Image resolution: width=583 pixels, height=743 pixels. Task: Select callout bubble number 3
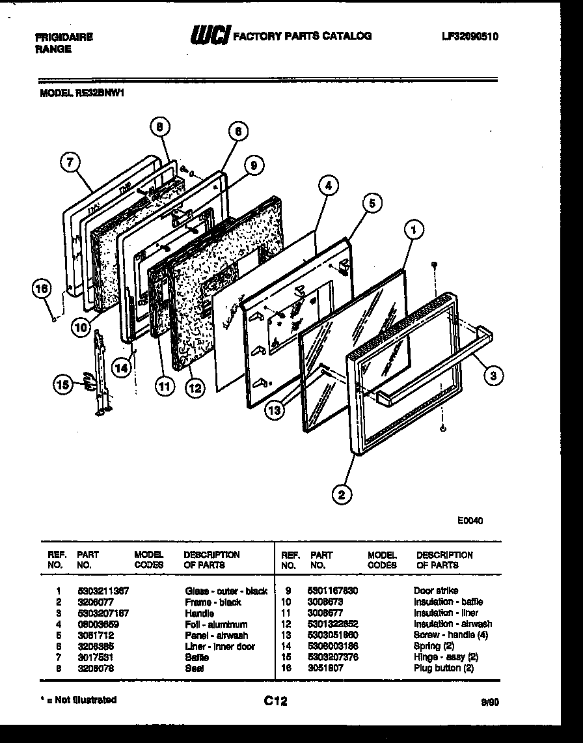pos(493,374)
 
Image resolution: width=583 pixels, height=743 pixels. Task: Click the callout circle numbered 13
pos(275,410)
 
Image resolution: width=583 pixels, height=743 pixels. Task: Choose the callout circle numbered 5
pos(371,203)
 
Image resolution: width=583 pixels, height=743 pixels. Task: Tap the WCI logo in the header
pos(208,36)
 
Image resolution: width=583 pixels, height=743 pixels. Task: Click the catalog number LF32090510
pos(469,36)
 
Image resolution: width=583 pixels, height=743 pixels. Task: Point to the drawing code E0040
pos(470,520)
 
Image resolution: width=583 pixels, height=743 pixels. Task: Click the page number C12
pos(275,701)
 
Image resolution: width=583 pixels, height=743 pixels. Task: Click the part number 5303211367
pos(103,591)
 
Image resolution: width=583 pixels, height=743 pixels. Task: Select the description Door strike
pos(435,591)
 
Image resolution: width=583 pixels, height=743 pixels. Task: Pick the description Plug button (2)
pos(443,668)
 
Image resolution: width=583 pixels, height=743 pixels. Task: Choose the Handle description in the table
pos(199,613)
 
